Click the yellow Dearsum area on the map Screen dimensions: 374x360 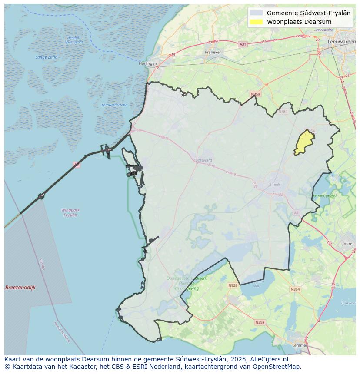pos(304,142)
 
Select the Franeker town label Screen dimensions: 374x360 pos(213,52)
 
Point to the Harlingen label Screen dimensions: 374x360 pos(147,63)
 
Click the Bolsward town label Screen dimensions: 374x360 pos(203,160)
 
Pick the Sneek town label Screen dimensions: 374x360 pos(275,184)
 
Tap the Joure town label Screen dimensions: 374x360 pos(347,244)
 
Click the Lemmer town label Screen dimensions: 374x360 pos(300,345)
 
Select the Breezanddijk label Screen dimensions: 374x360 pos(20,288)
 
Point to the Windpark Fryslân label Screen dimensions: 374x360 pos(70,212)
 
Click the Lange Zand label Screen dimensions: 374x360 pos(46,57)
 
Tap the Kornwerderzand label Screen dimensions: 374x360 pos(114,105)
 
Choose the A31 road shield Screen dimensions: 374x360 pos(243,44)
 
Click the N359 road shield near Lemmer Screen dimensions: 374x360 pos(260,322)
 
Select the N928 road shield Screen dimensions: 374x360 pos(233,285)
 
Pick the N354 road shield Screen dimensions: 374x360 pos(295,289)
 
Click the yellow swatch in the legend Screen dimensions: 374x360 pos(257,22)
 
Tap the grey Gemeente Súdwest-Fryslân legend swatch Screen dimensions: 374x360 pos(257,13)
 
